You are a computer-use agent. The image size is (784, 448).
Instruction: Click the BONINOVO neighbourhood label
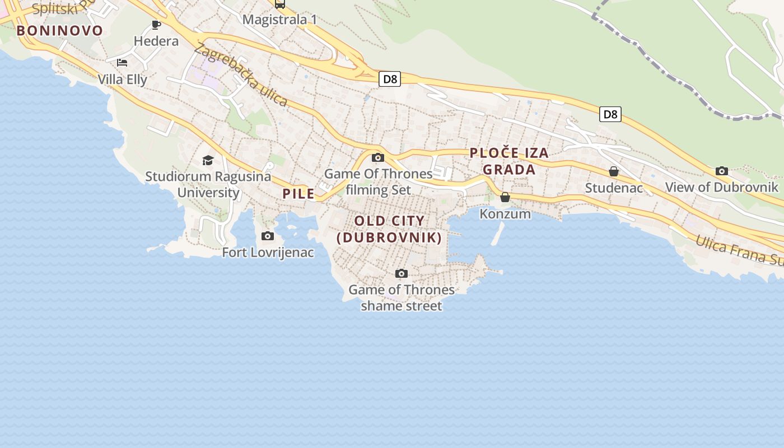pos(60,30)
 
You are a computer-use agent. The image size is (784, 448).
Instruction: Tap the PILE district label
pos(298,194)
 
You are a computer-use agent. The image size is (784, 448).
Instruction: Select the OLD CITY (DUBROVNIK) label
pos(389,229)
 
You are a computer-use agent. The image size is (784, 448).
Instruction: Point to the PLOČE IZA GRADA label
pos(509,161)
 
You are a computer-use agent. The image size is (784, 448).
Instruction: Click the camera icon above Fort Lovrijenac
pos(268,236)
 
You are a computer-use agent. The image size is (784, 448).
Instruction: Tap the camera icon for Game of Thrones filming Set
pos(378,158)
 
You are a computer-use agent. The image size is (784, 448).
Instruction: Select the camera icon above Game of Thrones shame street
pos(401,274)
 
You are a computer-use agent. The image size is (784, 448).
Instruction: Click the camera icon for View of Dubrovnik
pos(722,171)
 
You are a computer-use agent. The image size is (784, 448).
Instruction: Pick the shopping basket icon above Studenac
pos(614,171)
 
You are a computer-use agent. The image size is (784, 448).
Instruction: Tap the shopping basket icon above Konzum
pos(505,197)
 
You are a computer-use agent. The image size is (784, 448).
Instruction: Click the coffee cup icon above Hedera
pos(156,25)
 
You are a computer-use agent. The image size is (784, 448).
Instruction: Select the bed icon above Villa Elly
pos(122,63)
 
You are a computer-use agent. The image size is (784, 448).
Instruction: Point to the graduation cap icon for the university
pos(208,161)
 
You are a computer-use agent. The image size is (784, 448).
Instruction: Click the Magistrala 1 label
pos(279,20)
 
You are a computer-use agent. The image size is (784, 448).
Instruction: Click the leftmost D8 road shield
pos(390,79)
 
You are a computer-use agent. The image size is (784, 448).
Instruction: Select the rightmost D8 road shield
pos(610,114)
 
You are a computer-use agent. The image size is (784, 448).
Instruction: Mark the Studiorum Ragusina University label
pos(208,184)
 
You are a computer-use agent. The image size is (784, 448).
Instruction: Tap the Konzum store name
pos(505,213)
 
